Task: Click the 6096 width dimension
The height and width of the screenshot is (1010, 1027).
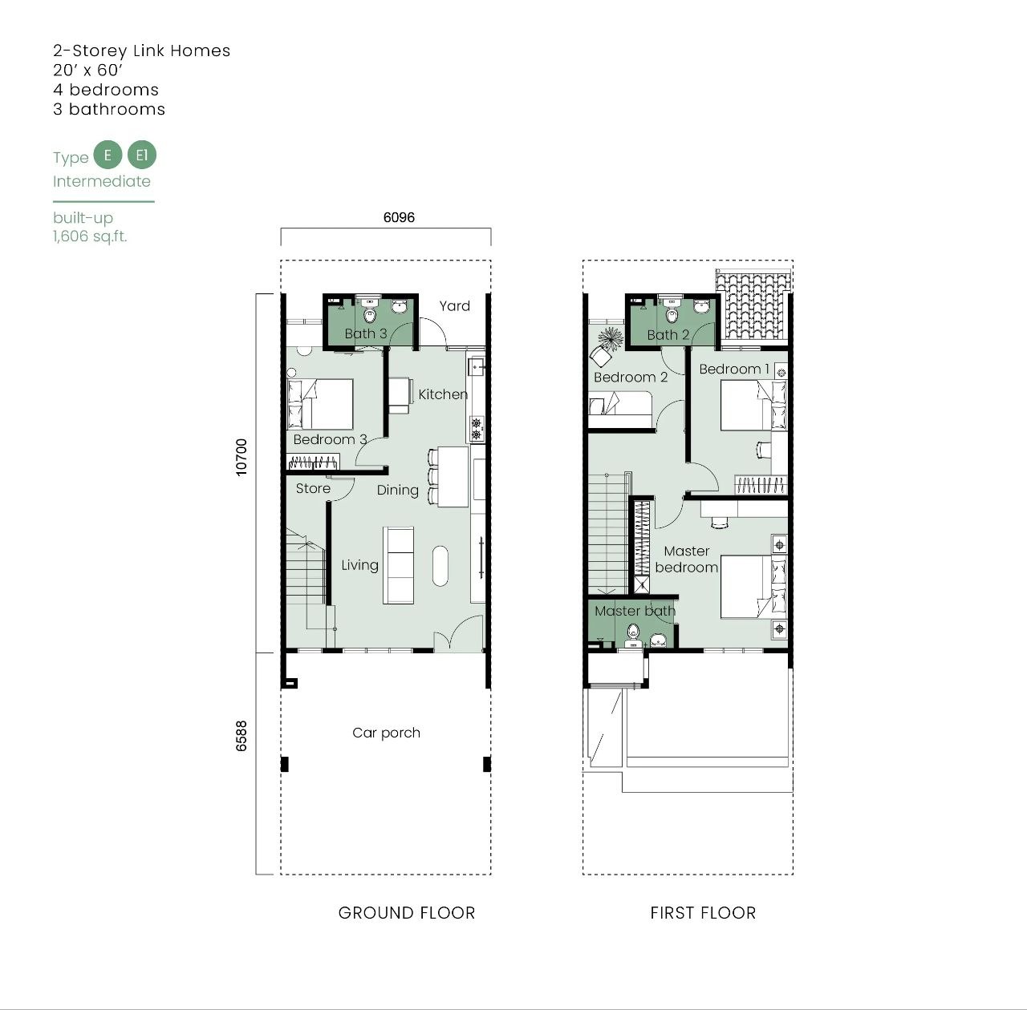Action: coord(399,217)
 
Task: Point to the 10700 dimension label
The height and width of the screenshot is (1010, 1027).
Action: coord(242,457)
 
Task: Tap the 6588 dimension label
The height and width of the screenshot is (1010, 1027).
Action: coord(242,736)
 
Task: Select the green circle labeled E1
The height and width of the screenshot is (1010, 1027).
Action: coord(142,155)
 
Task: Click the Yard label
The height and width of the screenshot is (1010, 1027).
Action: coord(455,305)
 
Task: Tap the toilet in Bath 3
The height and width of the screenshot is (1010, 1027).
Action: coord(369,311)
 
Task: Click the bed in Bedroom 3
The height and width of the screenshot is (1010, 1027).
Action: coord(320,404)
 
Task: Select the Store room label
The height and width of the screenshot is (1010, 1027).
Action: coord(313,488)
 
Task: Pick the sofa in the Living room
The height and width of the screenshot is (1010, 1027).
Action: coord(398,565)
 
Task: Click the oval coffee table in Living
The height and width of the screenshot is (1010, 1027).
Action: coord(440,566)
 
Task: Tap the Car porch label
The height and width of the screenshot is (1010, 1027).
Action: coord(387,733)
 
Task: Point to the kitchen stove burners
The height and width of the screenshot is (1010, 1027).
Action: coord(477,430)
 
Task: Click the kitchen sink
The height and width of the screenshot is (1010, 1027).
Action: coord(476,367)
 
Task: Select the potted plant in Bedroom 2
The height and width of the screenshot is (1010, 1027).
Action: coord(611,339)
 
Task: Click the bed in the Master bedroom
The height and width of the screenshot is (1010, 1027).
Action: coord(753,587)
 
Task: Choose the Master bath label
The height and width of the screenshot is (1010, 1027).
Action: coord(635,611)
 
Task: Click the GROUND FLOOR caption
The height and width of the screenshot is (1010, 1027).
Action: coord(407,913)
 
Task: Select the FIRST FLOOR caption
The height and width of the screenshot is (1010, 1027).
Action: coord(703,913)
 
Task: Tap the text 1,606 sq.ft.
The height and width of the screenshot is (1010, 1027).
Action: coord(90,236)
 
